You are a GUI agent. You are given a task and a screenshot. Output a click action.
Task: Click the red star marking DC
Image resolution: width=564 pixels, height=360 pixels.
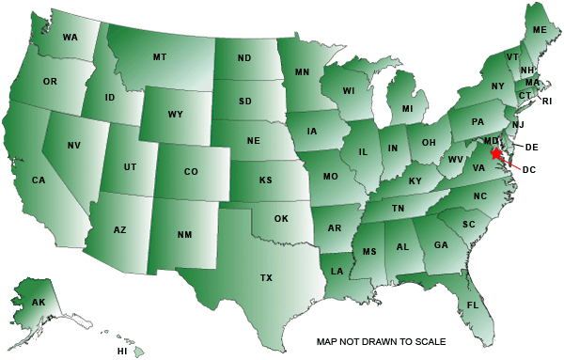[x=496, y=153]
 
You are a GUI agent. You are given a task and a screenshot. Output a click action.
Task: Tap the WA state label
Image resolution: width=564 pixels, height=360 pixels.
[x=70, y=38]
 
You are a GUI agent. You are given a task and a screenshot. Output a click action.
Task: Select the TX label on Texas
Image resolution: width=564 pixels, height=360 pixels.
[x=266, y=278]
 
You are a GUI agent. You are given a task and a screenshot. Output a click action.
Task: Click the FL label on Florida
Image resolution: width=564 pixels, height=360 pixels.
[x=473, y=306]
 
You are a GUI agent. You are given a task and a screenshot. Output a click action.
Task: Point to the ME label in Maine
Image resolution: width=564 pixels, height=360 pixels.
[x=540, y=30]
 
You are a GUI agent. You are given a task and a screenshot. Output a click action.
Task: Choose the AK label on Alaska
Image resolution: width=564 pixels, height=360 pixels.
[x=39, y=303]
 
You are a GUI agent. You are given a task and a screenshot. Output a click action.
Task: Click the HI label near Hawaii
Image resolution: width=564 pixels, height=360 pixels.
[x=121, y=351]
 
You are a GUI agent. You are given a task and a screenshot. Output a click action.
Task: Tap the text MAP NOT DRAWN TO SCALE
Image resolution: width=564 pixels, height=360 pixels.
[x=381, y=341]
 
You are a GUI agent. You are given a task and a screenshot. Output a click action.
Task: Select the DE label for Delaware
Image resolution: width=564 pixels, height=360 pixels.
[x=530, y=148]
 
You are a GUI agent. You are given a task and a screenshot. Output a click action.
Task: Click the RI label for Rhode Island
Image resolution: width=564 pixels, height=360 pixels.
[x=547, y=101]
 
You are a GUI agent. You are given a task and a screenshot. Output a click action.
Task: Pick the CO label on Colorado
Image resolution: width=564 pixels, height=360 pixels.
[x=191, y=172]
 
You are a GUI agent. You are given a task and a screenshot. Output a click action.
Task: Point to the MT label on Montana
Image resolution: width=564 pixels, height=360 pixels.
[x=160, y=57]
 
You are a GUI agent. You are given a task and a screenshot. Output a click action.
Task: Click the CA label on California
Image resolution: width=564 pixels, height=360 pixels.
[x=39, y=180]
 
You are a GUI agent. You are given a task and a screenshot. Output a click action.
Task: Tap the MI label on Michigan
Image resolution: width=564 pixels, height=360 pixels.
[x=407, y=109]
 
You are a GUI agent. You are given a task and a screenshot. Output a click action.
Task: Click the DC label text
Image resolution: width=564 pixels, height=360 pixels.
[x=528, y=169]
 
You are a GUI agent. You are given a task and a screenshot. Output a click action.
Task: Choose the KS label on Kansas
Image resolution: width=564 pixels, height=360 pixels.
[x=266, y=179]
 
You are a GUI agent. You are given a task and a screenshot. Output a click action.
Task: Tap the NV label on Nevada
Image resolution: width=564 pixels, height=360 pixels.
[x=74, y=146]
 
